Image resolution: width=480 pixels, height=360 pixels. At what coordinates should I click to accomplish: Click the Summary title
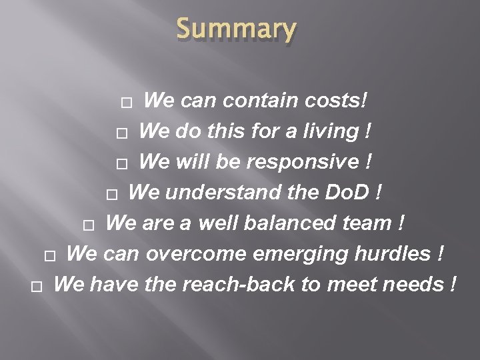pyautogui.click(x=236, y=30)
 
